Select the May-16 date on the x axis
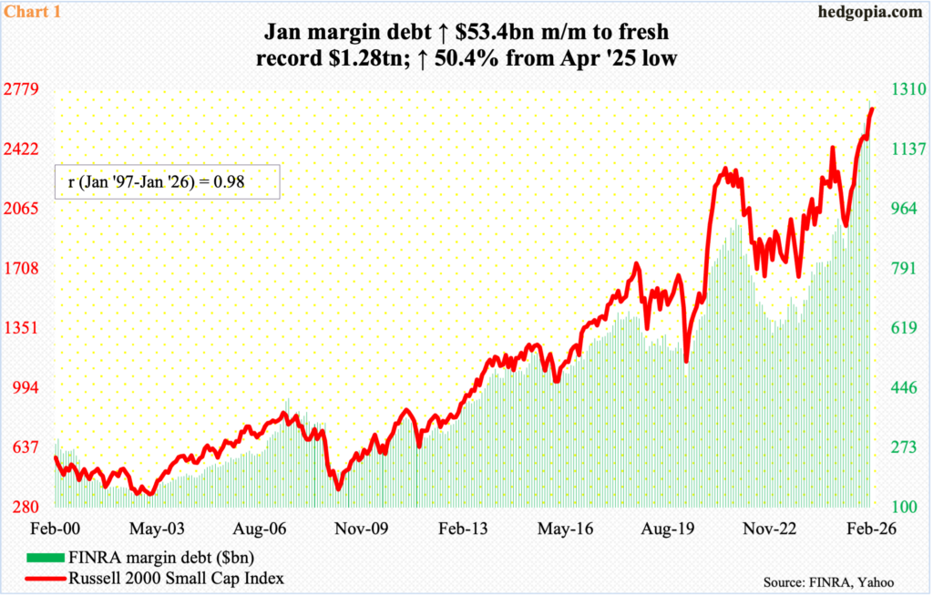569,528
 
